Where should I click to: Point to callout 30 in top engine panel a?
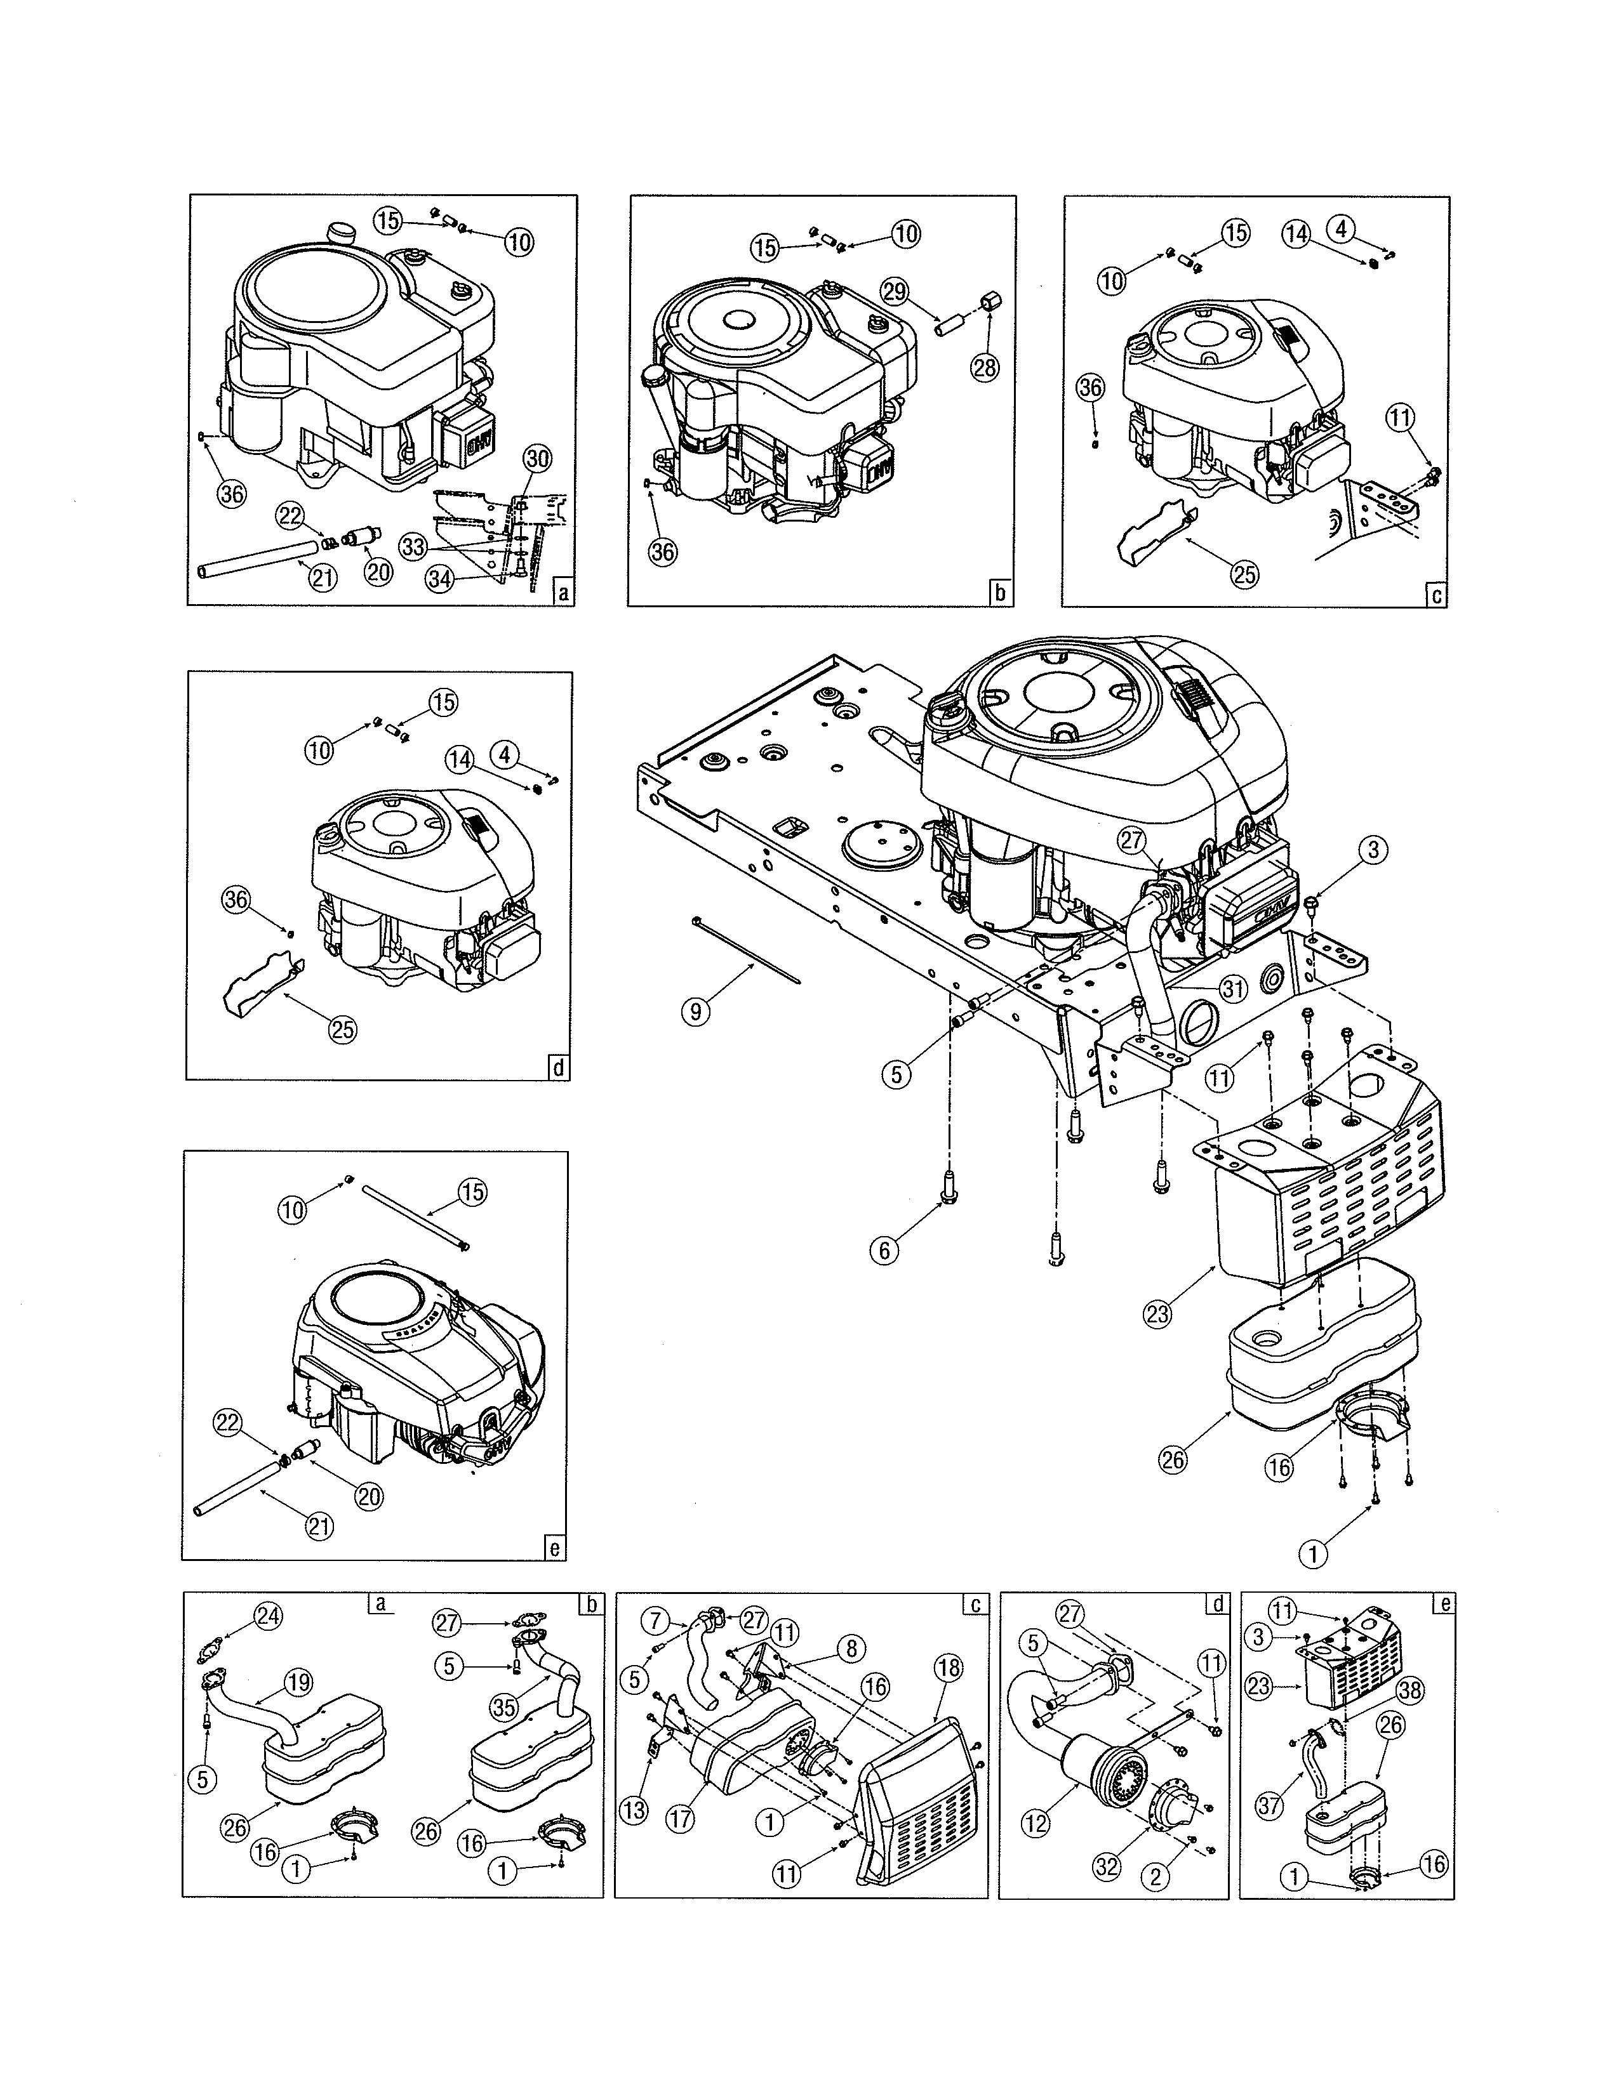click(538, 459)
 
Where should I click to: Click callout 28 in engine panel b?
click(984, 368)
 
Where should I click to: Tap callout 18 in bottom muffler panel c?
click(948, 1668)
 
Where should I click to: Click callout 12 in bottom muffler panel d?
click(1036, 1824)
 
